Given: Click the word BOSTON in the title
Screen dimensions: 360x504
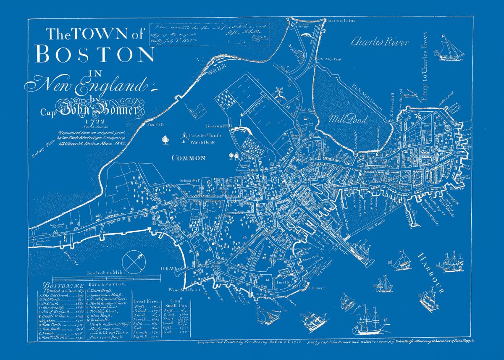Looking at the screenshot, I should [x=95, y=54].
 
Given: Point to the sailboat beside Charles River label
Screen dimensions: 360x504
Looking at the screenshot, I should [x=450, y=47].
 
